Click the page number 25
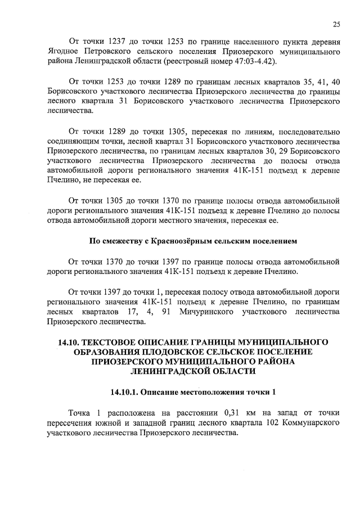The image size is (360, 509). coord(336,24)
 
